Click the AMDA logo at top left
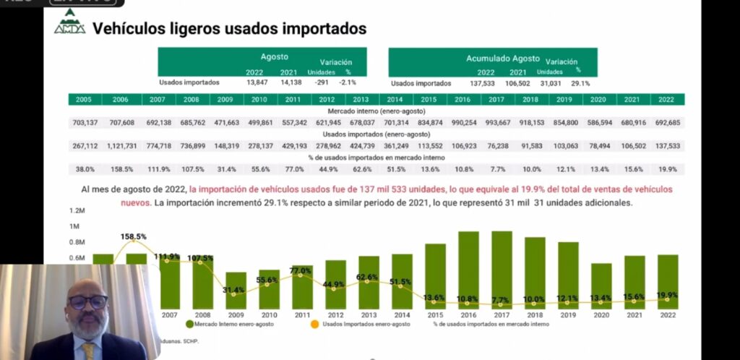(69, 26)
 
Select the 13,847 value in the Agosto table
(257, 83)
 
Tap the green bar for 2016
(468, 271)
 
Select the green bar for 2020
(601, 286)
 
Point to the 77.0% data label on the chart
(301, 271)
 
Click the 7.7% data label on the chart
(501, 300)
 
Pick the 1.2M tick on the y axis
(77, 211)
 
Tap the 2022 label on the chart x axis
(667, 315)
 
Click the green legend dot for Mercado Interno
(189, 324)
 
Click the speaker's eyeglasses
(88, 301)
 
